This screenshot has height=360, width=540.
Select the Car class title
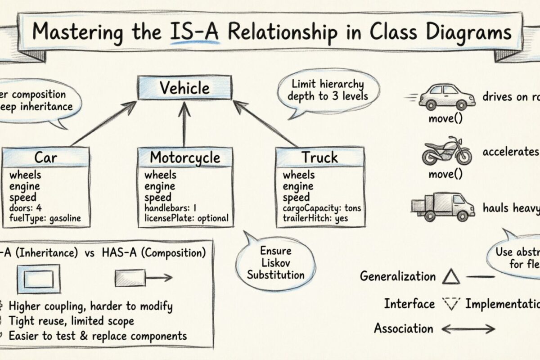pos(46,157)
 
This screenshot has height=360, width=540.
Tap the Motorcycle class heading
pos(185,157)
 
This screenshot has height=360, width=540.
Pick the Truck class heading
pos(319,157)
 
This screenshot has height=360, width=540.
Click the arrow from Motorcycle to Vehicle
pos(184,126)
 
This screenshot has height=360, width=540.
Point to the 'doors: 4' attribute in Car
pos(26,208)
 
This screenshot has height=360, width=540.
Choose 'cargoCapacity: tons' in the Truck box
pos(322,208)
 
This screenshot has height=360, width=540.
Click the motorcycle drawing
pos(446,152)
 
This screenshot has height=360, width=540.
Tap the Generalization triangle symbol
pos(450,276)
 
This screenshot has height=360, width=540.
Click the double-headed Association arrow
pos(468,329)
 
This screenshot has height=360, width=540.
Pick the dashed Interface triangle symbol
pos(450,305)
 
